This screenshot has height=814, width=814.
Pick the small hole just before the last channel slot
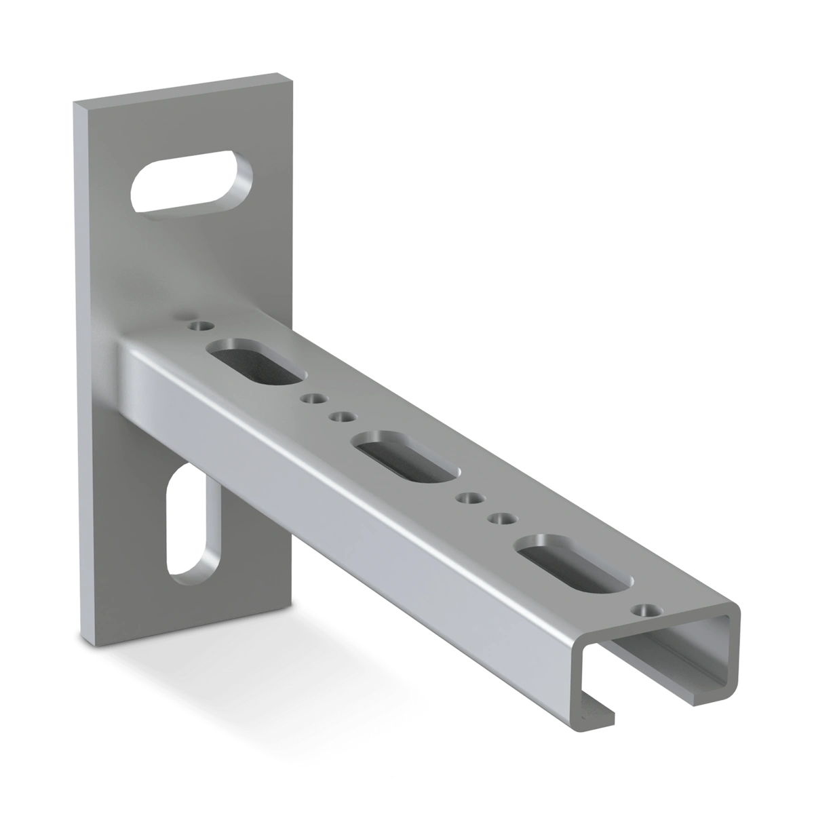coord(502,519)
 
